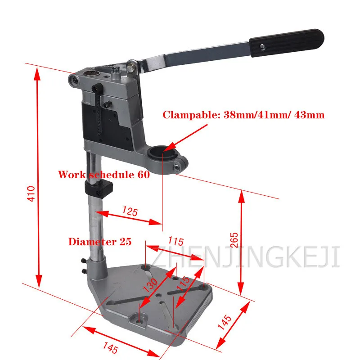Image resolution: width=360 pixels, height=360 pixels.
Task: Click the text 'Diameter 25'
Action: [x=100, y=242]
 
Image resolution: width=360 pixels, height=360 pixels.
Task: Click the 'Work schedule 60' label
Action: [x=103, y=175]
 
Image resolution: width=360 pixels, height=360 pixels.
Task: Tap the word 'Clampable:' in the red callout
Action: [x=191, y=115]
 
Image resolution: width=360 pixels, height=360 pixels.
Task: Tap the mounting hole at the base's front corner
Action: [x=138, y=320]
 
